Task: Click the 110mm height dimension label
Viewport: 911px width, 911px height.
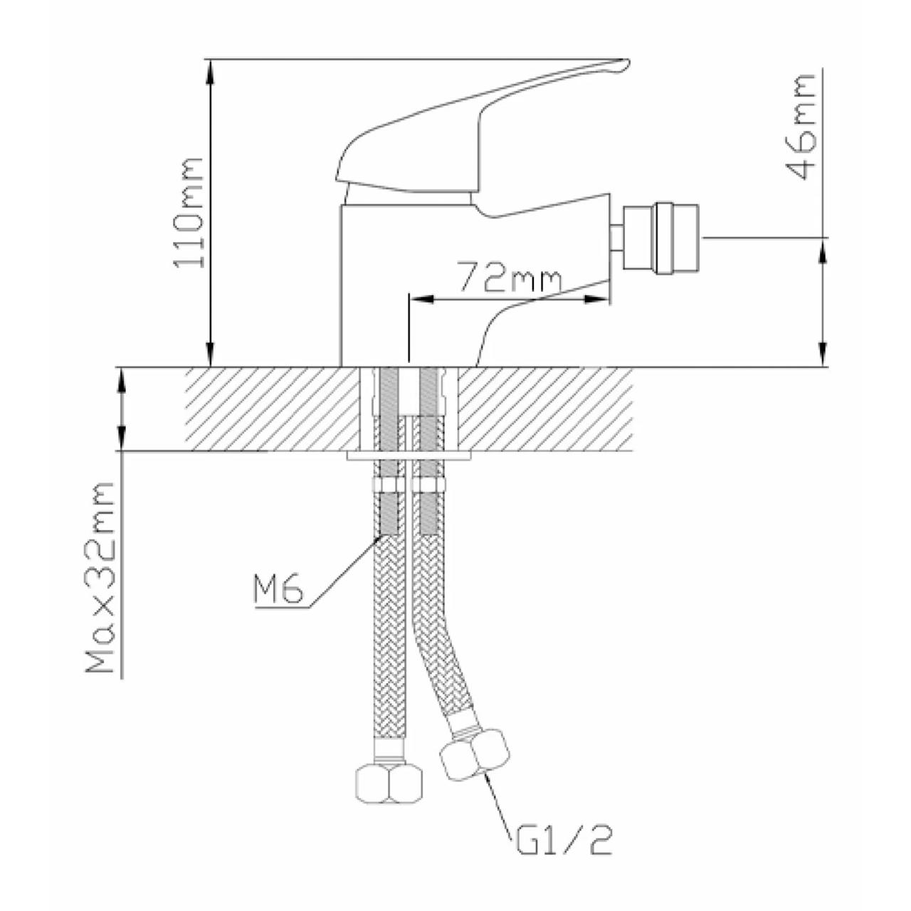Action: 189,214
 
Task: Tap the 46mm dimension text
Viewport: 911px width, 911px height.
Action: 801,127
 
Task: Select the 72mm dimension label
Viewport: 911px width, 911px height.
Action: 511,281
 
